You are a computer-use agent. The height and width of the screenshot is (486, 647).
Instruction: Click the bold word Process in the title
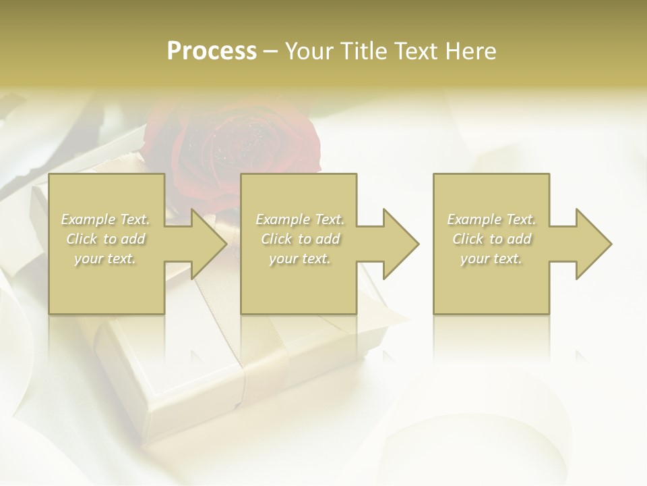[x=212, y=51]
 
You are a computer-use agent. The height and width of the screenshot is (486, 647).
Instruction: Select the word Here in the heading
[x=470, y=51]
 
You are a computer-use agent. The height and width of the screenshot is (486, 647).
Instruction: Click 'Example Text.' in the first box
[x=106, y=219]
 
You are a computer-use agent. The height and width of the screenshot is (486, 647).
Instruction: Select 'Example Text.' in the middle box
[x=300, y=219]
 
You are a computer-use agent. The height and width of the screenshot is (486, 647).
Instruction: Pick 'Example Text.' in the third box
[x=491, y=219]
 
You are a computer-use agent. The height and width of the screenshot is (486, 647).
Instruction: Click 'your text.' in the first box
[x=105, y=259]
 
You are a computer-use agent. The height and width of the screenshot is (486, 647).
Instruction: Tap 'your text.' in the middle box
[x=300, y=259]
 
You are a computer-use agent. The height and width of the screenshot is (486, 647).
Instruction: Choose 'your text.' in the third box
[x=491, y=259]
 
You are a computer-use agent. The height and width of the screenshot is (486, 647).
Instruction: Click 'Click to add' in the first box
[x=106, y=239]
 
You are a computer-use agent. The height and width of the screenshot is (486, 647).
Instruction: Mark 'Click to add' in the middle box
[x=300, y=239]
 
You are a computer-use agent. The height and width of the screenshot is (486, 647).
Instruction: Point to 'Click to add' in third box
[x=492, y=239]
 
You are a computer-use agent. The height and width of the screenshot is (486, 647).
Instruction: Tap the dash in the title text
[x=271, y=51]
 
